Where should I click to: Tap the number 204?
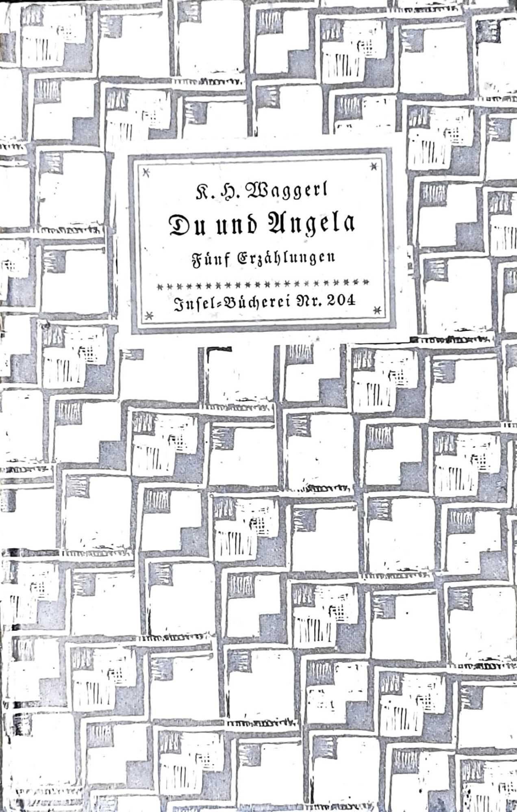[341, 302]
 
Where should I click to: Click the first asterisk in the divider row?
[160, 286]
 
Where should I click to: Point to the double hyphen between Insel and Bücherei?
[215, 304]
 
